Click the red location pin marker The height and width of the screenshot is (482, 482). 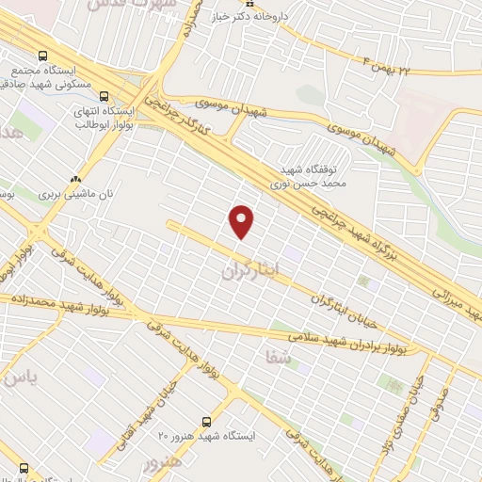click(x=242, y=220)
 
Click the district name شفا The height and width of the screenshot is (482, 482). click(x=281, y=359)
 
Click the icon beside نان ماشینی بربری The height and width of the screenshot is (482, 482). click(x=75, y=177)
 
